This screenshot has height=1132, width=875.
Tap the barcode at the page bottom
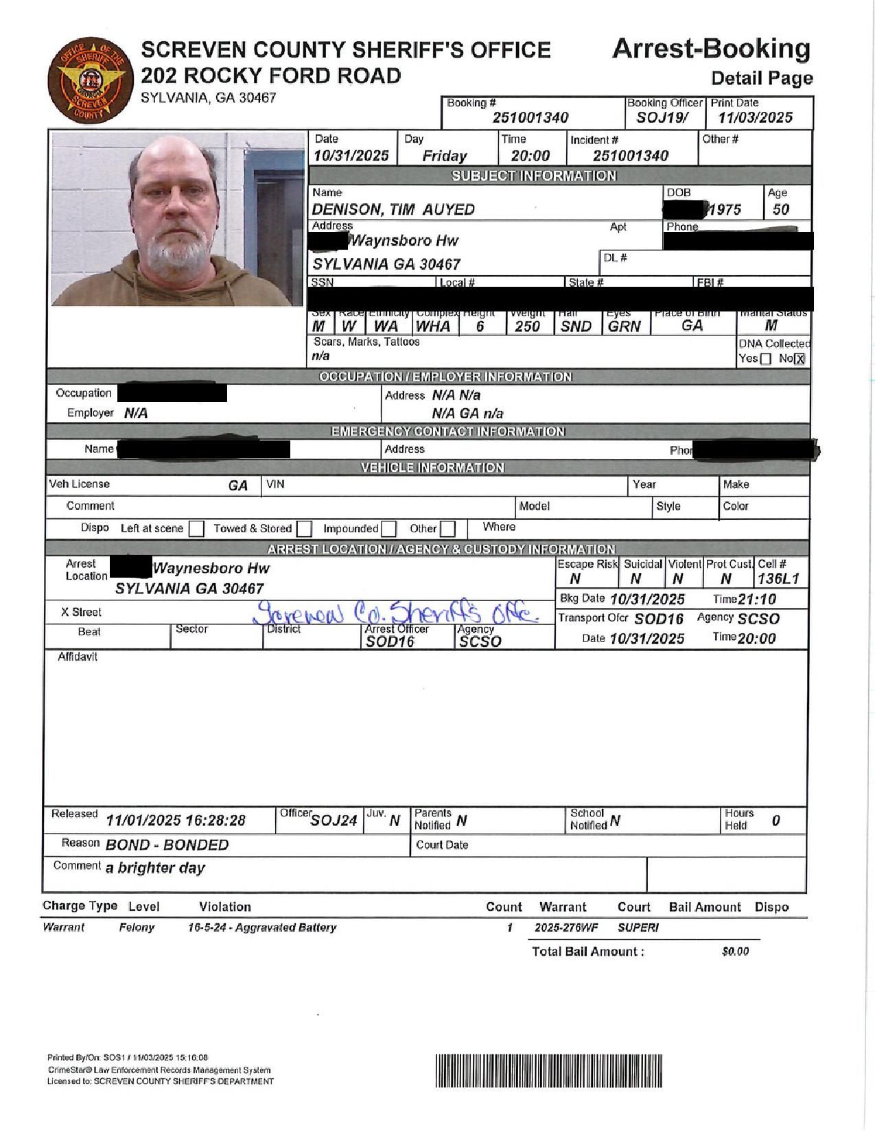pyautogui.click(x=549, y=1070)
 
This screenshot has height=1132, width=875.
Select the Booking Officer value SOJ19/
pyautogui.click(x=662, y=117)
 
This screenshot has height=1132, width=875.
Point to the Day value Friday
pyautogui.click(x=445, y=156)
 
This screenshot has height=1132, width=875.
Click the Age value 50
pyautogui.click(x=781, y=209)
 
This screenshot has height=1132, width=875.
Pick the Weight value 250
pyautogui.click(x=527, y=327)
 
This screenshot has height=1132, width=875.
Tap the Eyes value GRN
pyautogui.click(x=624, y=327)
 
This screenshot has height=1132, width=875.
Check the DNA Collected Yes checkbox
pyautogui.click(x=766, y=359)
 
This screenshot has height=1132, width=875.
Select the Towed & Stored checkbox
pyautogui.click(x=305, y=529)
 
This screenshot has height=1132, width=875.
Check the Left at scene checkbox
pyautogui.click(x=196, y=529)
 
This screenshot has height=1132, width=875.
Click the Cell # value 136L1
pyautogui.click(x=779, y=578)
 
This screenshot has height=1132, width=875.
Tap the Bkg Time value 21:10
pyautogui.click(x=757, y=599)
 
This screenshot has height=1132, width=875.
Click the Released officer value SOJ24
pyautogui.click(x=334, y=821)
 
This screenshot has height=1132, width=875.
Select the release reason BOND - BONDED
pyautogui.click(x=167, y=845)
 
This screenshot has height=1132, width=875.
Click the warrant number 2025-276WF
pyautogui.click(x=566, y=928)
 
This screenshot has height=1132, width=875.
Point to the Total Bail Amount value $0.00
pyautogui.click(x=735, y=952)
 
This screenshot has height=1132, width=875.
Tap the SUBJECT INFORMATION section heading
pyautogui.click(x=533, y=176)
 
